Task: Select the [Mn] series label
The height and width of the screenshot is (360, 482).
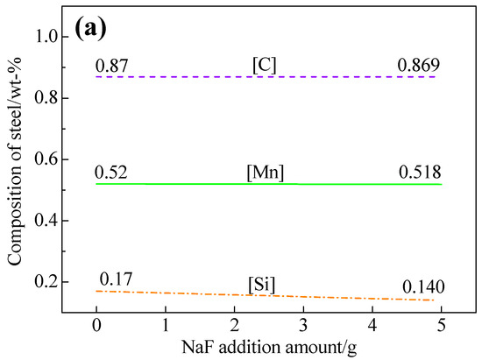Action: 265,173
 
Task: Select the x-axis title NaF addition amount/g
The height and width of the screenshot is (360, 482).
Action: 265,348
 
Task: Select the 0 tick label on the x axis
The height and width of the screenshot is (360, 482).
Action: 96,327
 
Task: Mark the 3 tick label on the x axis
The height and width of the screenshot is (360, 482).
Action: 302,327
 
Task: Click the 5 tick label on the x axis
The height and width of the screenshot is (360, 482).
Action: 440,327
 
